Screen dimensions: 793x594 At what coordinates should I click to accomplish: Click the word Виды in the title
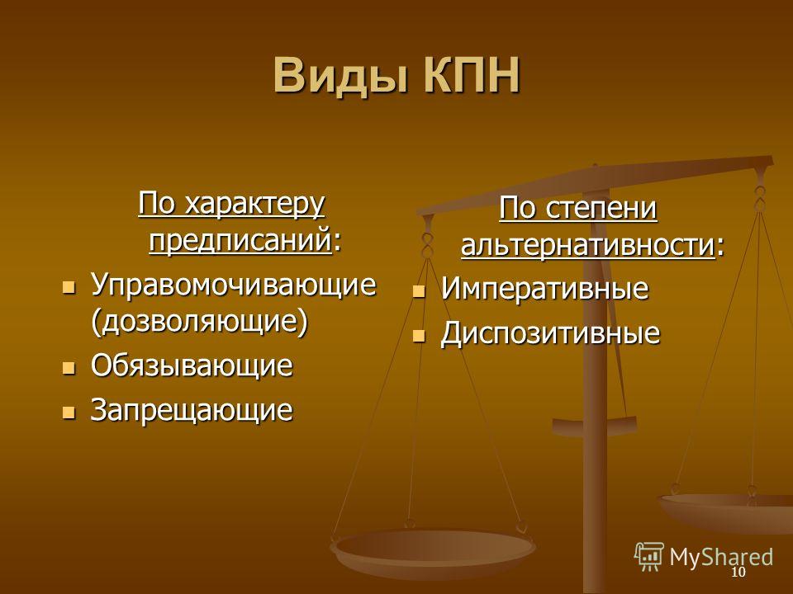340,75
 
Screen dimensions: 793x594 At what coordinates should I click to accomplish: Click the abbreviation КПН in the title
472,75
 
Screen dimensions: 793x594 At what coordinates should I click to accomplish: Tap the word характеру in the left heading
254,205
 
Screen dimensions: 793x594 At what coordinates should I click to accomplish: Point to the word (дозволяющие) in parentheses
200,321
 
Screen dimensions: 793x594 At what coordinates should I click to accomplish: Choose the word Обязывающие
192,366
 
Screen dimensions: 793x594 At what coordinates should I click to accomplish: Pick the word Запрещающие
192,410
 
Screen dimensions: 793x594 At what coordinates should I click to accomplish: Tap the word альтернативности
587,246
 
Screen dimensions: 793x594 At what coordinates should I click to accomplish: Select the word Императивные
544,289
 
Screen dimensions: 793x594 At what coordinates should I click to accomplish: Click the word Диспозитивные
550,333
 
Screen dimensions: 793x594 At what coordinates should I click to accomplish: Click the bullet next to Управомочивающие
69,289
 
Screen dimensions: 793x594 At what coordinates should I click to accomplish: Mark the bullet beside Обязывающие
69,368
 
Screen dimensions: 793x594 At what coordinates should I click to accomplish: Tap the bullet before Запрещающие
69,412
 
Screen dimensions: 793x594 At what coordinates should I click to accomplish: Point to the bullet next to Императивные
419,291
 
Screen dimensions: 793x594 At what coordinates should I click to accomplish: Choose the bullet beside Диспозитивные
419,336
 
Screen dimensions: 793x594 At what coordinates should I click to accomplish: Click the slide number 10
738,572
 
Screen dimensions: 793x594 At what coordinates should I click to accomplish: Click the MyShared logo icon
649,557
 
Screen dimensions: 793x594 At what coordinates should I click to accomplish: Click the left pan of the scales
433,549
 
